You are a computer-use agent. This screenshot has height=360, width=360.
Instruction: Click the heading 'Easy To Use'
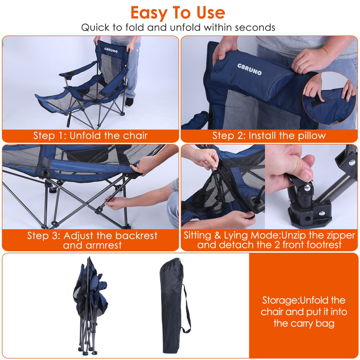178,13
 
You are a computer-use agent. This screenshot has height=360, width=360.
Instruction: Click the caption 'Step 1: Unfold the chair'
90,136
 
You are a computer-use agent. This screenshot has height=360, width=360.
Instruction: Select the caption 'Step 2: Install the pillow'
269,136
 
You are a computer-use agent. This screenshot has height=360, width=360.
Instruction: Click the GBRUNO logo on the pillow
249,69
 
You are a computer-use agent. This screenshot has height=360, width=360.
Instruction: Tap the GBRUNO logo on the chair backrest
111,50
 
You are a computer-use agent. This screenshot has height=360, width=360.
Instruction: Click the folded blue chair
90,302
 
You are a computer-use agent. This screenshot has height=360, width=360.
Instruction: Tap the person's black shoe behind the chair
129,102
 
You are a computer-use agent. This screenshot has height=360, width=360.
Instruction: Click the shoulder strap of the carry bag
186,309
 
